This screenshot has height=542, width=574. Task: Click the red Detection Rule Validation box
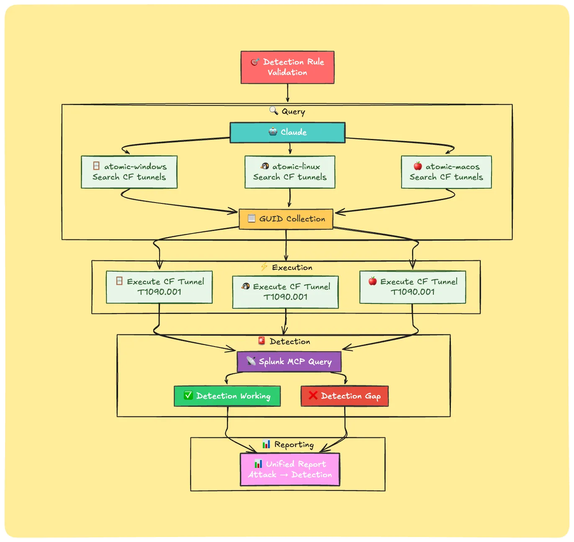pos(287,67)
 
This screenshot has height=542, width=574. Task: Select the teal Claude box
pos(287,132)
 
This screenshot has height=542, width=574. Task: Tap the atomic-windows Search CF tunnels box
pos(129,172)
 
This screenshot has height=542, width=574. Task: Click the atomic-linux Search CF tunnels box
pos(290,172)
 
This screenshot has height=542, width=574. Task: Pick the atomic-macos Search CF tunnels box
pos(446,172)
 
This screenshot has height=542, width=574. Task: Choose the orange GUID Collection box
pos(286,219)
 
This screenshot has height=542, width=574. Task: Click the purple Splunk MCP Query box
pos(289,362)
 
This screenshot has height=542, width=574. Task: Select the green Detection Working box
pos(227,396)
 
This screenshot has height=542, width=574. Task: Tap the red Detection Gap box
pos(344,396)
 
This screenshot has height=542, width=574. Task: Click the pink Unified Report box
pos(290,469)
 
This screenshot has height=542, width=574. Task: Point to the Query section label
pos(288,111)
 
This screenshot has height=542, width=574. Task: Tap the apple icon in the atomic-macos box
pos(417,166)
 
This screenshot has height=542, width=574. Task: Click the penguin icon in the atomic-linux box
pos(265,166)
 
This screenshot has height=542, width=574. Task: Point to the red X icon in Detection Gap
pos(313,396)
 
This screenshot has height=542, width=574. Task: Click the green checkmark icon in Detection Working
pos(188,396)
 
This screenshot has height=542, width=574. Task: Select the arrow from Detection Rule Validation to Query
pos(288,93)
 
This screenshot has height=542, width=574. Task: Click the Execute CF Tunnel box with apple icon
pos(412,287)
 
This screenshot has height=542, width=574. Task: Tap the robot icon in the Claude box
pos(273,132)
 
